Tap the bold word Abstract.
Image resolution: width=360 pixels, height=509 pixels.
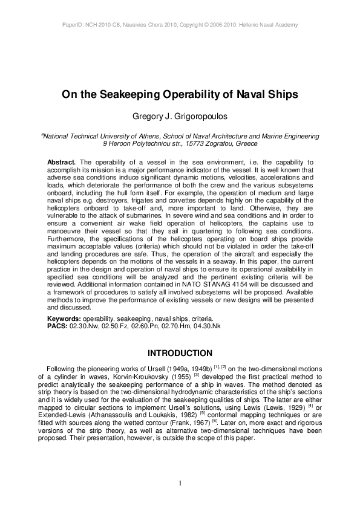(x=61, y=163)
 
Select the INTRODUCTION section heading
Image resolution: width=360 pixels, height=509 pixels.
(x=180, y=353)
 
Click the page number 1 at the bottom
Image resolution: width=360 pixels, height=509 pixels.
(x=180, y=482)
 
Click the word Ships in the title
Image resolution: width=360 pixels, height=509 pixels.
(x=283, y=95)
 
